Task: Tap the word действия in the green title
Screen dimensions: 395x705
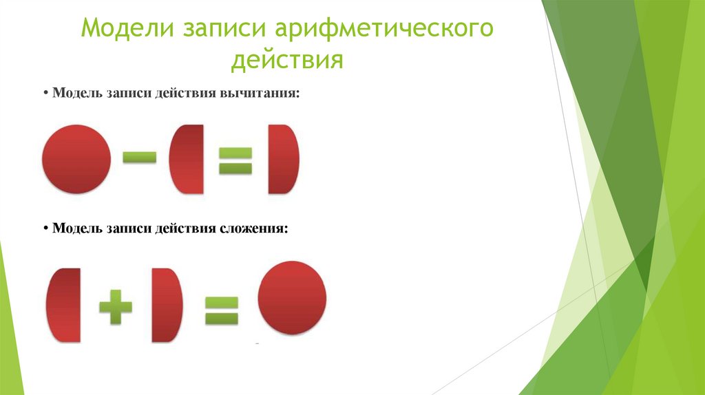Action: [x=287, y=61]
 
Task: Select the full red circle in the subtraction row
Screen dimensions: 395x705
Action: [x=76, y=159]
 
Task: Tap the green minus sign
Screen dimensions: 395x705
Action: [x=140, y=158]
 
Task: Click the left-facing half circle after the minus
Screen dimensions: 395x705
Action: [x=187, y=159]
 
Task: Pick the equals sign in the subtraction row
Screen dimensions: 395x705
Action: [x=235, y=159]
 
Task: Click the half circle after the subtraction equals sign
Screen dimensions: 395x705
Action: [x=283, y=159]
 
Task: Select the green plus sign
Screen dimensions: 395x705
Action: [x=116, y=305]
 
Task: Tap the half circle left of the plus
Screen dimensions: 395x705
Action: [x=64, y=305]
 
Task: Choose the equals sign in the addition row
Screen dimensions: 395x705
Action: [x=221, y=310]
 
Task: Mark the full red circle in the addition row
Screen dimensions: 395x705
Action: [x=291, y=298]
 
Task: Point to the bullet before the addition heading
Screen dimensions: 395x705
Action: [x=44, y=228]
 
